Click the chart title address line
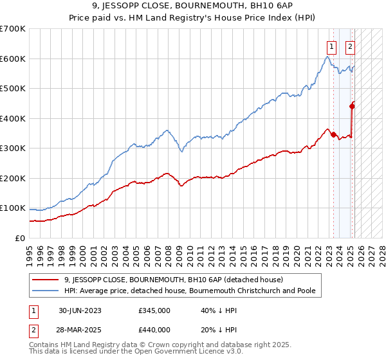click(192, 6)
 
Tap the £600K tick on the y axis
click(14, 59)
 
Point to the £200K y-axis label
click(14, 178)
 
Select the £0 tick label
click(19, 238)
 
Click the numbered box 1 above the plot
click(331, 46)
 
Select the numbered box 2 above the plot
click(351, 46)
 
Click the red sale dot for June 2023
click(333, 134)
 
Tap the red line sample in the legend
click(46, 280)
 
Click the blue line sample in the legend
click(46, 291)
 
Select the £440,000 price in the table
click(154, 330)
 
